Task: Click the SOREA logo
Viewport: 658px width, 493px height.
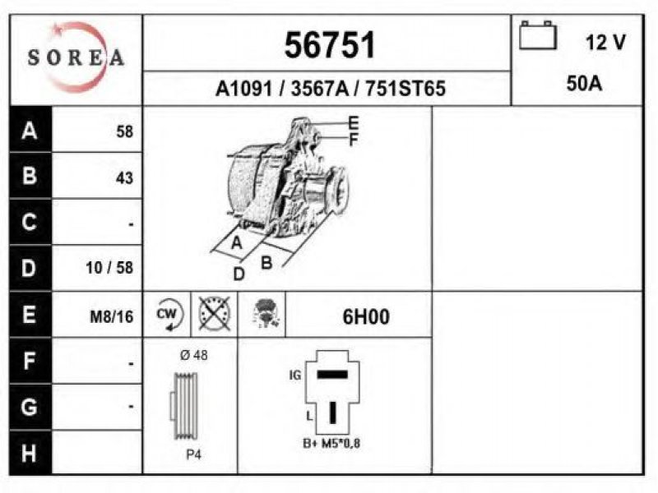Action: (76, 58)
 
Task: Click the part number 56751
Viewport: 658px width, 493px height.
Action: (330, 45)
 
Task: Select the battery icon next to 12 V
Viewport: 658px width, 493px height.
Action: (538, 35)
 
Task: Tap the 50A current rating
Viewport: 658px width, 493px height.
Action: (584, 84)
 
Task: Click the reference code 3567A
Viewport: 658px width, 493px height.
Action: (319, 89)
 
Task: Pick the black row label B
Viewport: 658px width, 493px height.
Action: (30, 175)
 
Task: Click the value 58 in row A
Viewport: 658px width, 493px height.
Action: (125, 131)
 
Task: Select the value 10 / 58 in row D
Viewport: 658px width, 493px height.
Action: (109, 268)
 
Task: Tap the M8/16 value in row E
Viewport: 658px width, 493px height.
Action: (112, 317)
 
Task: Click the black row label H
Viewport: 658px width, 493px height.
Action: (29, 453)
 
